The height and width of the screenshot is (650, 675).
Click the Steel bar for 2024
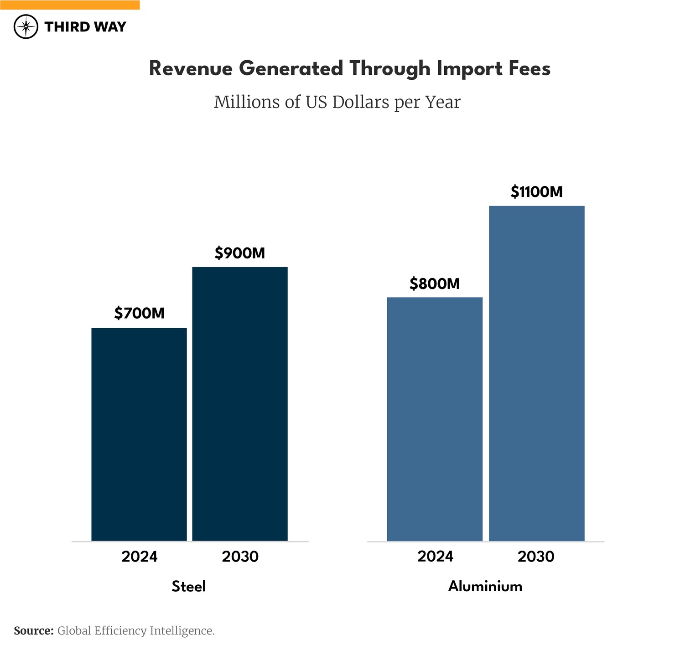click(x=139, y=434)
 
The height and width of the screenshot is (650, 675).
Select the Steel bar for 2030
click(x=240, y=403)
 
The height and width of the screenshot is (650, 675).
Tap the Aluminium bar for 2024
click(x=435, y=419)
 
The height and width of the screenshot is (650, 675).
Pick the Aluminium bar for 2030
click(x=536, y=373)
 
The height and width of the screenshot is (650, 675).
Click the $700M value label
click(x=140, y=313)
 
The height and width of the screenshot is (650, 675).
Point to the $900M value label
click(x=240, y=253)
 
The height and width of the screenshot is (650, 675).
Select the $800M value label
click(x=435, y=284)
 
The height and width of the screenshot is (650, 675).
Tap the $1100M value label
click(x=536, y=192)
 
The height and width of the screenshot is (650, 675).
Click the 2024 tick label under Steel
click(x=140, y=557)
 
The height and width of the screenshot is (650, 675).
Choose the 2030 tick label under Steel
click(x=240, y=557)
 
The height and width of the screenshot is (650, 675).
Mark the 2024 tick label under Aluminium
click(x=435, y=556)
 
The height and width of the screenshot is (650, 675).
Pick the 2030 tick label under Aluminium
click(x=536, y=557)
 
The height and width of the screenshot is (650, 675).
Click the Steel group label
click(x=189, y=586)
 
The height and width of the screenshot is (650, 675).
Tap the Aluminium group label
click(x=485, y=586)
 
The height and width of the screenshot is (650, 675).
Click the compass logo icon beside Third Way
click(x=26, y=27)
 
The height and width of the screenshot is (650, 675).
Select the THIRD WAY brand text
click(x=85, y=27)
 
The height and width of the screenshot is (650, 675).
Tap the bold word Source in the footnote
click(x=33, y=631)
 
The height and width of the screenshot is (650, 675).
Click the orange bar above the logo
click(x=70, y=5)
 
